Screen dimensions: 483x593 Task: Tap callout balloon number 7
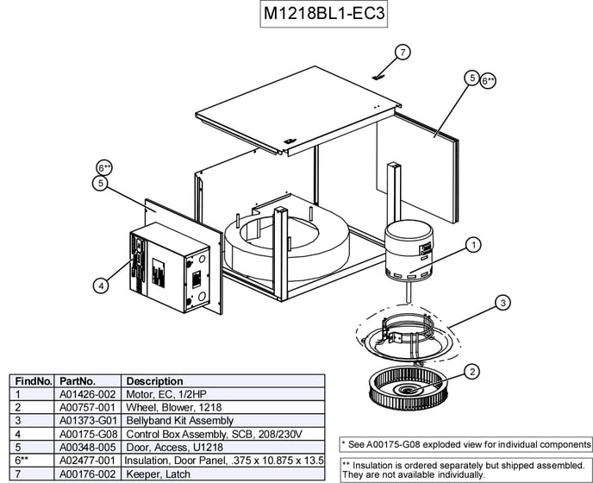coord(403,52)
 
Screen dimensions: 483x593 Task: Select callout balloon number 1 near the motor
coord(472,246)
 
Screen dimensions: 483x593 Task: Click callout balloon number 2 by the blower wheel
coord(471,373)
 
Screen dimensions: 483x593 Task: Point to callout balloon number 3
coord(502,303)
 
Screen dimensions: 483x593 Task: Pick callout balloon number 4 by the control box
coord(101,284)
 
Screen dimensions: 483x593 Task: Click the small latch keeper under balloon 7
coord(376,75)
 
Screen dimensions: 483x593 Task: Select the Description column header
coord(154,380)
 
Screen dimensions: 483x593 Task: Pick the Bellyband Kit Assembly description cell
coord(179,420)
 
